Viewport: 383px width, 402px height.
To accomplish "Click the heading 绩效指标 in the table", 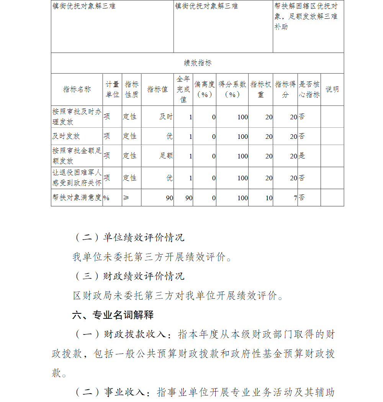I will tap(197, 63).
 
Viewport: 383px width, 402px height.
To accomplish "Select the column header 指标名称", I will tap(77, 89).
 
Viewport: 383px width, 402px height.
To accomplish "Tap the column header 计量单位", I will tap(112, 89).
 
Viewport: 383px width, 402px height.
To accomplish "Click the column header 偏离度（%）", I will tap(204, 89).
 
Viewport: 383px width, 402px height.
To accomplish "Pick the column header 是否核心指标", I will tap(309, 89).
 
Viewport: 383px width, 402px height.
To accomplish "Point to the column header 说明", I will tap(332, 89).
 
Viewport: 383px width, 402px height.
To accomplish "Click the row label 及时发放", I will tap(66, 136).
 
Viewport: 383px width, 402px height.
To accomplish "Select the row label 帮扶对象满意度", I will tap(77, 198).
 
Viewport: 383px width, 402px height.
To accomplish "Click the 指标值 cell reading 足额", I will tap(166, 156).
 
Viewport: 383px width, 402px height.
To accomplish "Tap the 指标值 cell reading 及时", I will tap(166, 117).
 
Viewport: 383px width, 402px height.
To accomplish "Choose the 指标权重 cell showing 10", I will tap(269, 198).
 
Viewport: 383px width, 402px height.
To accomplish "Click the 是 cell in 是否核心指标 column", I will tap(302, 156).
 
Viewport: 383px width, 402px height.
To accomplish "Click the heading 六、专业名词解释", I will tap(113, 315).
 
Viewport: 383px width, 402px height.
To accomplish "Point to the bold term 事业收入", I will tap(124, 392).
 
